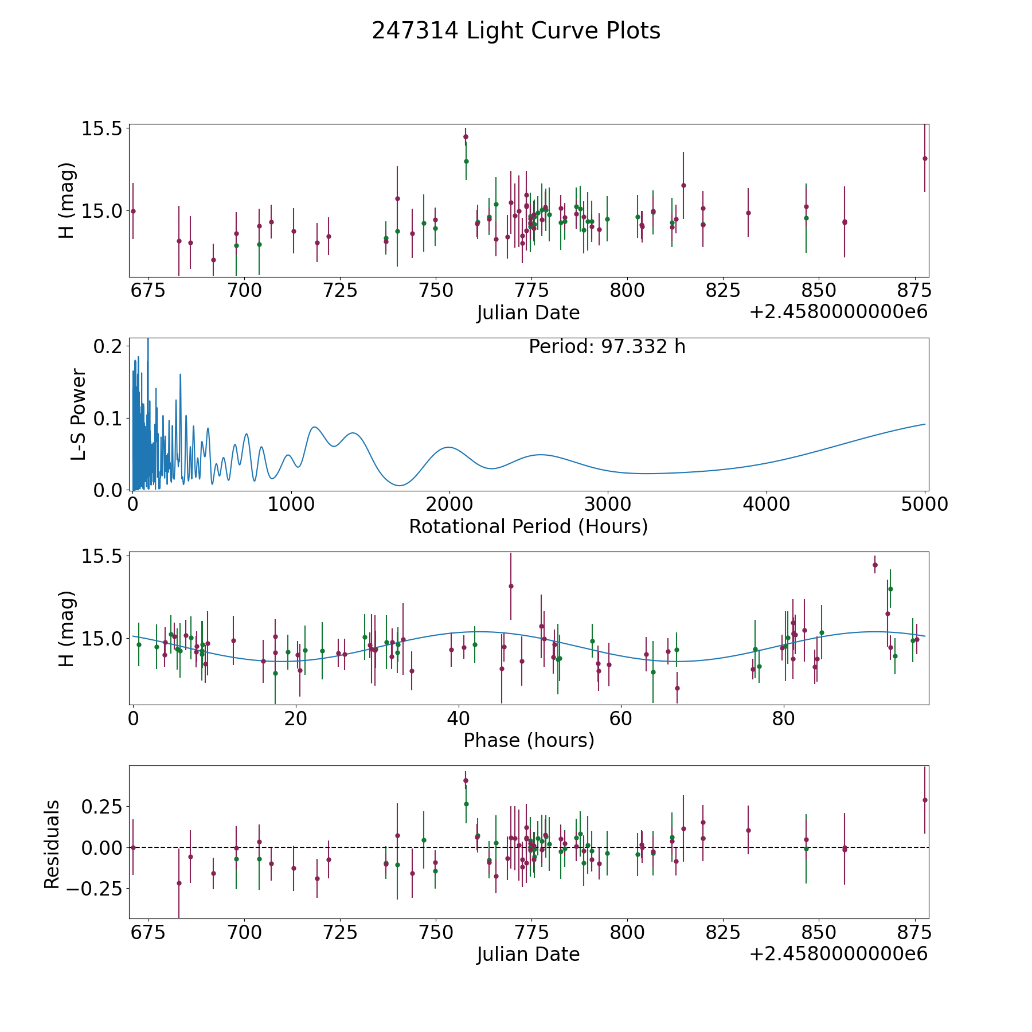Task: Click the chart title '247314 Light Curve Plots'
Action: click(516, 31)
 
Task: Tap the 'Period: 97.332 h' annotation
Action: click(607, 347)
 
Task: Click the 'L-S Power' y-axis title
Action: click(79, 415)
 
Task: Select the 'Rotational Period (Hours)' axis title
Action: click(528, 526)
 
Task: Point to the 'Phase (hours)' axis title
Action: click(529, 740)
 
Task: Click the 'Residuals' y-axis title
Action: click(52, 844)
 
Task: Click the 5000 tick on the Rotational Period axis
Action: click(924, 505)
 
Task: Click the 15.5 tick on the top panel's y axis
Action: click(102, 129)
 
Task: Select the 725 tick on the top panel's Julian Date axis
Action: click(340, 291)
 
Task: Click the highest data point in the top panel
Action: click(466, 136)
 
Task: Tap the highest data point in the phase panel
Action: click(875, 565)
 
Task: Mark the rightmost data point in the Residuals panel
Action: click(925, 800)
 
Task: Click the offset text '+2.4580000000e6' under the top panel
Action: click(838, 312)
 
